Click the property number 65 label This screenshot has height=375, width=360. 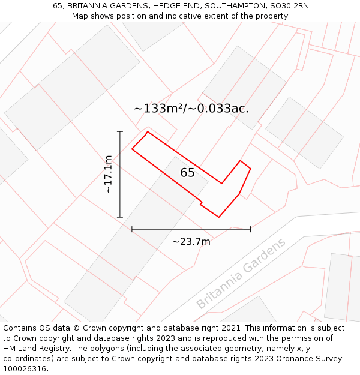tap(187, 173)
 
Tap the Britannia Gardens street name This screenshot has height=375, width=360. tap(241, 274)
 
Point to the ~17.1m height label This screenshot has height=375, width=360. tap(108, 174)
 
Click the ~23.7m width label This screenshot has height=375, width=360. tap(191, 242)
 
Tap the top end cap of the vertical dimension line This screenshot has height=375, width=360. tap(120, 131)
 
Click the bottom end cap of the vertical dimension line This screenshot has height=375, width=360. tap(120, 217)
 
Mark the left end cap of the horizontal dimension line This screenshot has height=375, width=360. tap(132, 229)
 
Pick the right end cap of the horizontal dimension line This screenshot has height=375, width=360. tap(250, 229)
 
